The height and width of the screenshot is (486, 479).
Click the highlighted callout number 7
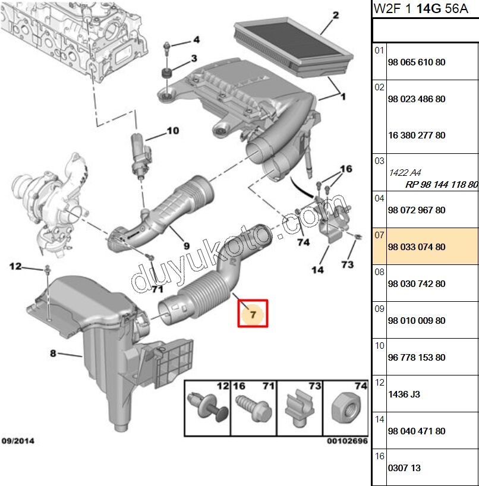[253, 314]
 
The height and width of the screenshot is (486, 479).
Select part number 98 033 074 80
[416, 247]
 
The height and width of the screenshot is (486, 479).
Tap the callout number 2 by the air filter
[336, 15]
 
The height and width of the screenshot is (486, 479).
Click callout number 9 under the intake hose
[186, 245]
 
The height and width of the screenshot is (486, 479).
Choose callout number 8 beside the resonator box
[53, 354]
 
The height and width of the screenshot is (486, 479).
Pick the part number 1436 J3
[404, 395]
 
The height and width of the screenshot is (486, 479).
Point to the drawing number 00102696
[346, 442]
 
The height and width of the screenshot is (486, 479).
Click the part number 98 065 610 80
[416, 62]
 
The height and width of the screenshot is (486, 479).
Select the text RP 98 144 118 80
[442, 184]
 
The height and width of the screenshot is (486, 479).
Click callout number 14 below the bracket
[317, 270]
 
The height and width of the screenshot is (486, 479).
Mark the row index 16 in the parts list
[379, 456]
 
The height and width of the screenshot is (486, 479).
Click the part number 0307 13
[404, 468]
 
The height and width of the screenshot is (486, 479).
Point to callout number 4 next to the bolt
[196, 40]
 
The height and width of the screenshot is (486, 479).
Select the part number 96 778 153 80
[416, 358]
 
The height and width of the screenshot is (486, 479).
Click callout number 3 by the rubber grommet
[193, 59]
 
